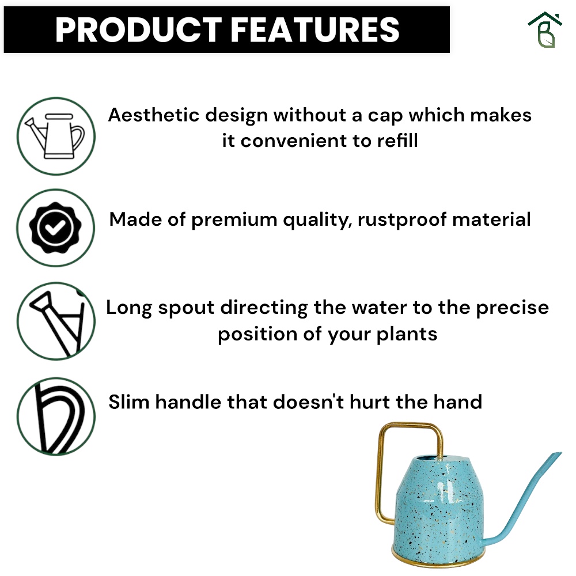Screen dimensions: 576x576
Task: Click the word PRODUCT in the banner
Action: pos(138,30)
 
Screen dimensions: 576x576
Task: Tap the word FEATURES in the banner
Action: pos(315,30)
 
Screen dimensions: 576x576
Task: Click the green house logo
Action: pos(545,30)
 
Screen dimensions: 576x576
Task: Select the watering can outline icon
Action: pos(56,136)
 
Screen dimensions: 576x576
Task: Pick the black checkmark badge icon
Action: pos(56,228)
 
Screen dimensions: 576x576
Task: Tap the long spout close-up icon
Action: pos(56,321)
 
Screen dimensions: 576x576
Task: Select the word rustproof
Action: pos(402,220)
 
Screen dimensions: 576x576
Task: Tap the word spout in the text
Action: pos(186,308)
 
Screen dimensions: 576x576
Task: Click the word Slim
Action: pos(129,401)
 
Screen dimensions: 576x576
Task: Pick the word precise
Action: pos(513,308)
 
